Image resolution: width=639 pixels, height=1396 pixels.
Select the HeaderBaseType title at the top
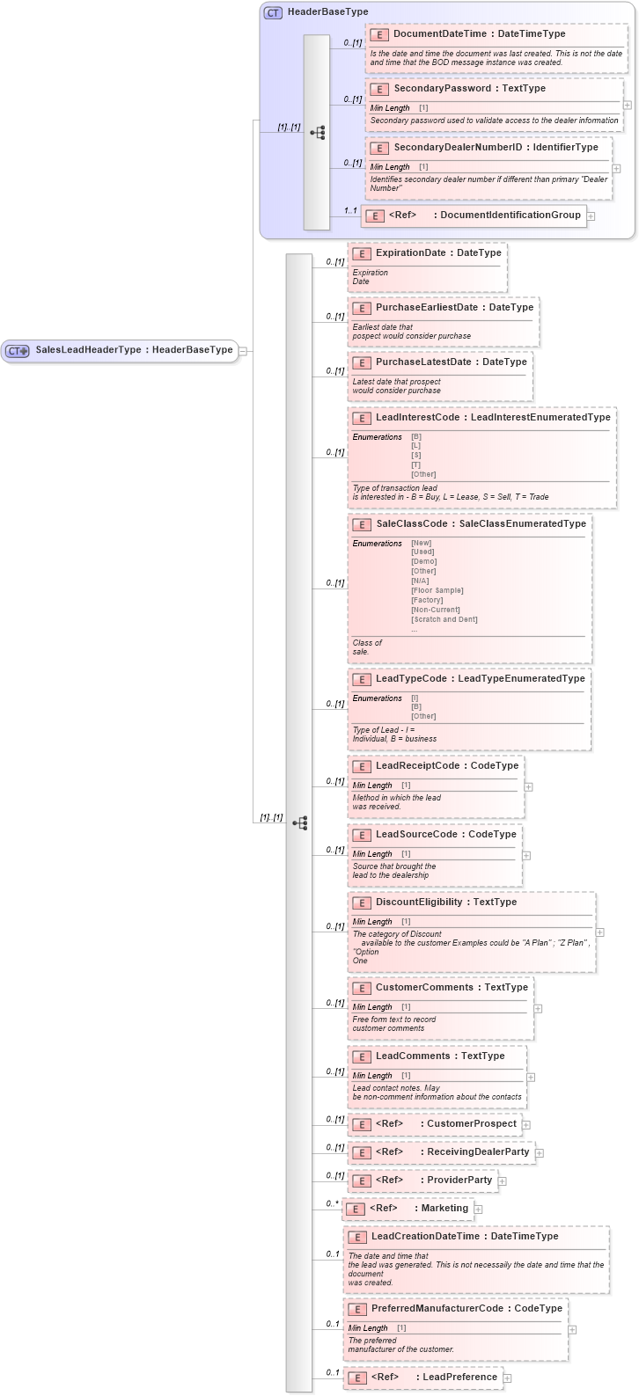pos(327,12)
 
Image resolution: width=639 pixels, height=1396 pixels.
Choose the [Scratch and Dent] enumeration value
pos(444,619)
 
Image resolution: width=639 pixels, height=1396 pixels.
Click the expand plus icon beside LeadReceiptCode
pos(528,786)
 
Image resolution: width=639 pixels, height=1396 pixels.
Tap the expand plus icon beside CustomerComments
pos(538,1009)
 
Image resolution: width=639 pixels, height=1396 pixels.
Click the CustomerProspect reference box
pos(435,1124)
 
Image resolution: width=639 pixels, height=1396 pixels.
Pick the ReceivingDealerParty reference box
pos(441,1152)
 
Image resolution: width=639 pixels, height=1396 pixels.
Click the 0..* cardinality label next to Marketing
pos(332,1203)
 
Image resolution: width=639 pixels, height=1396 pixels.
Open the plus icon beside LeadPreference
pos(507,1378)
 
